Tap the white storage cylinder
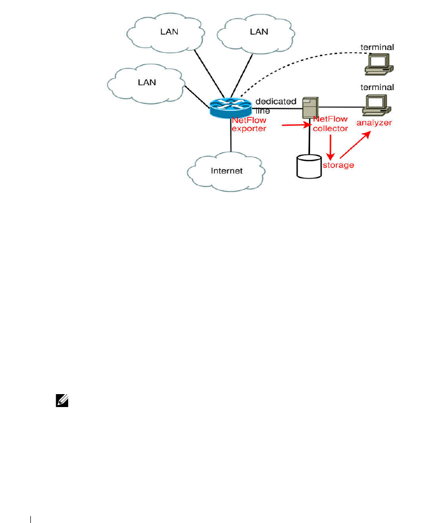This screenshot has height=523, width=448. point(309,166)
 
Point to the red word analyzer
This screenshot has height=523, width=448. point(374,122)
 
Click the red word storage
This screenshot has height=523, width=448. point(338,165)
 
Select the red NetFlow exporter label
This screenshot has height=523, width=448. point(249,124)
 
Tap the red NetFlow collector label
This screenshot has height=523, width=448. point(331,124)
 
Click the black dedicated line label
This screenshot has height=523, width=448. point(276,105)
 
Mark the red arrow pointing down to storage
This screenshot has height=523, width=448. point(329,145)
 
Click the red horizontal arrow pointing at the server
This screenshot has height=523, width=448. point(295,126)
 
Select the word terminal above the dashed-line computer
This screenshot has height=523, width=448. point(377,47)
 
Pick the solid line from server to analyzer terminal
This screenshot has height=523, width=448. point(341,106)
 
